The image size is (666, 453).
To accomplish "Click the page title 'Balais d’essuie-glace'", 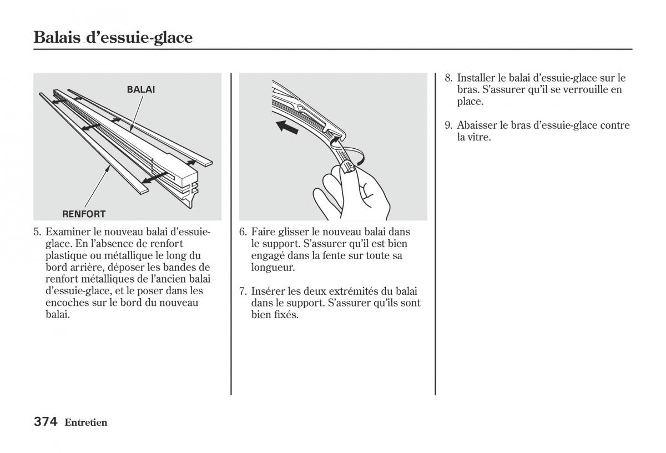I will [113, 38].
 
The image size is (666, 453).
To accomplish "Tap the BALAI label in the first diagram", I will [140, 89].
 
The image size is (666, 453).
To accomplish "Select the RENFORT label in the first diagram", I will [84, 214].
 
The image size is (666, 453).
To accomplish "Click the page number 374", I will [46, 422].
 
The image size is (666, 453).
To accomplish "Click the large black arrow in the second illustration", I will [287, 127].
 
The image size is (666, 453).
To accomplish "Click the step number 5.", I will [37, 231].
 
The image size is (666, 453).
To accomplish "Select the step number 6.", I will [243, 231].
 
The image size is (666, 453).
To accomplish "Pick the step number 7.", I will [243, 291].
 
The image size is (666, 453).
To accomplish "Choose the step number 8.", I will [448, 78].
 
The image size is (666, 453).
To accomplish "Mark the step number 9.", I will [448, 125].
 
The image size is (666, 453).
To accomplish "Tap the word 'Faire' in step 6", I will [263, 231].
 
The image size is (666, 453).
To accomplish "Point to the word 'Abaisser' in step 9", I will [477, 125].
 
